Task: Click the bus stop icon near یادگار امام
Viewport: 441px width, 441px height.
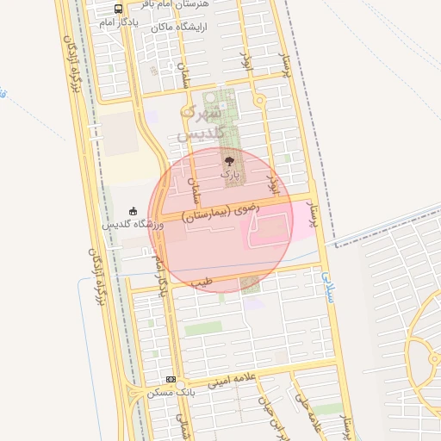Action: coord(118,10)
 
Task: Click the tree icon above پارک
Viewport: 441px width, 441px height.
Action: coord(228,159)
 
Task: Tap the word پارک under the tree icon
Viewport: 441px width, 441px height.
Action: coord(228,173)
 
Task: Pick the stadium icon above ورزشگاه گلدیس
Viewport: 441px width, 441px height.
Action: coord(133,210)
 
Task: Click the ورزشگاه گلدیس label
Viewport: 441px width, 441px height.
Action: coord(133,224)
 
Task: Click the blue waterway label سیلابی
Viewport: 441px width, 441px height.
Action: coord(327,285)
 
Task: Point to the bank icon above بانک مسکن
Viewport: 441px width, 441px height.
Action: coord(171,379)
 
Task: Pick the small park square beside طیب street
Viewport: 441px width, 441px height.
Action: coord(250,283)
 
